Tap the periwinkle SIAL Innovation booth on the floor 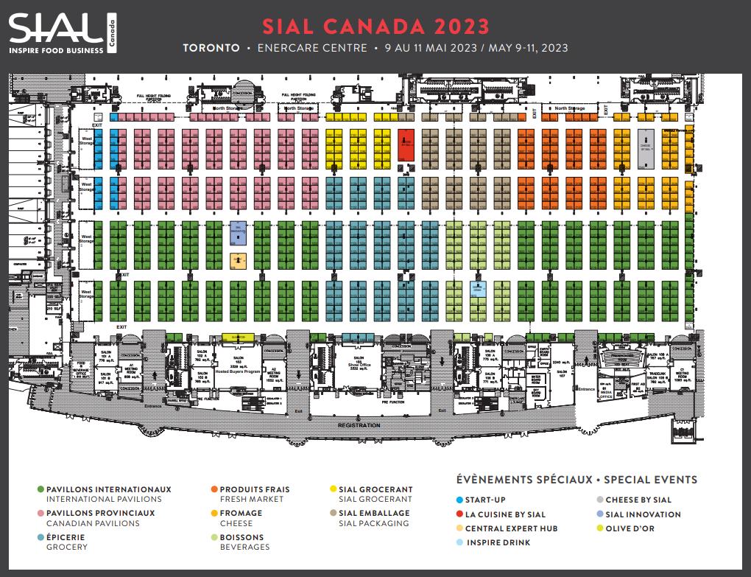click(238, 231)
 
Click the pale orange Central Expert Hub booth click(238, 260)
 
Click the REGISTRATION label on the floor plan click(359, 425)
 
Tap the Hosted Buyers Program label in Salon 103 click(238, 373)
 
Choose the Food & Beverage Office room click(82, 368)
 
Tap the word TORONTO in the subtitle click(211, 48)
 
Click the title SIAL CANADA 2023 click(376, 26)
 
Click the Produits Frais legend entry click(255, 489)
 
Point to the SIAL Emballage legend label click(374, 514)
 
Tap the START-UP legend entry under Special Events click(484, 500)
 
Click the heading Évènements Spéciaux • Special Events click(577, 480)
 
